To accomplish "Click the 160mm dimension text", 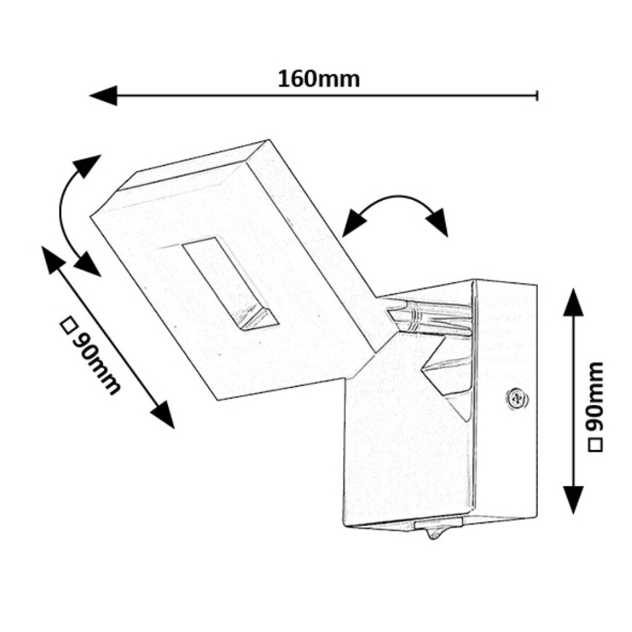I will pyautogui.click(x=319, y=79).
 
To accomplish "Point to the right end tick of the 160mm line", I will pyautogui.click(x=537, y=95).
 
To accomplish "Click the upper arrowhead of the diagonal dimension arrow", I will pyautogui.click(x=53, y=260).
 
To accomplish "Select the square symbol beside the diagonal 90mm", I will pyautogui.click(x=68, y=326).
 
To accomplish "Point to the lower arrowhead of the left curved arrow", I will pyautogui.click(x=87, y=264).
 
